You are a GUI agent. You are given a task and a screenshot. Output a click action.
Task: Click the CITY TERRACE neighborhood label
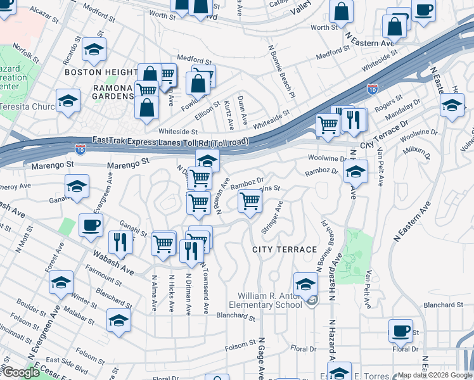tap(284, 250)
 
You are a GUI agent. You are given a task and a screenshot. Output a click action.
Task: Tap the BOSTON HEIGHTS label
tap(101, 73)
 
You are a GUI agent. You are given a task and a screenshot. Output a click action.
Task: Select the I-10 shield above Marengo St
tap(80, 149)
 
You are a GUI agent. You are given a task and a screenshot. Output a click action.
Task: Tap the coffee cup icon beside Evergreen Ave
tap(91, 224)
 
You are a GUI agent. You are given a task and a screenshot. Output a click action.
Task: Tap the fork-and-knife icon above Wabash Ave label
tap(118, 241)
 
